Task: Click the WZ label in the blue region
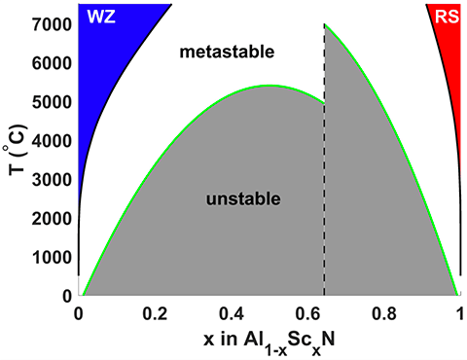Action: tap(101, 18)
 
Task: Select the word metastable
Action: tap(228, 51)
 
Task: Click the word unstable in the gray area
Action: tap(243, 199)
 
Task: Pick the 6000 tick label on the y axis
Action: tap(53, 63)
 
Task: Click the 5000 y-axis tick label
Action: tap(53, 102)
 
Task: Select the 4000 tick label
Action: tap(53, 140)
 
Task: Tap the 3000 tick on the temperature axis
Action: tap(53, 179)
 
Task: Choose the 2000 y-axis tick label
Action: tap(53, 218)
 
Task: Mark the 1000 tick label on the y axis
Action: tap(53, 257)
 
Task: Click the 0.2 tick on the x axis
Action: tap(155, 314)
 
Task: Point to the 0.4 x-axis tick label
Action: tap(231, 314)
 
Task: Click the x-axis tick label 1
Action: tap(459, 314)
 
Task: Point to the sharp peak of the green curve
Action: tap(325, 24)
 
